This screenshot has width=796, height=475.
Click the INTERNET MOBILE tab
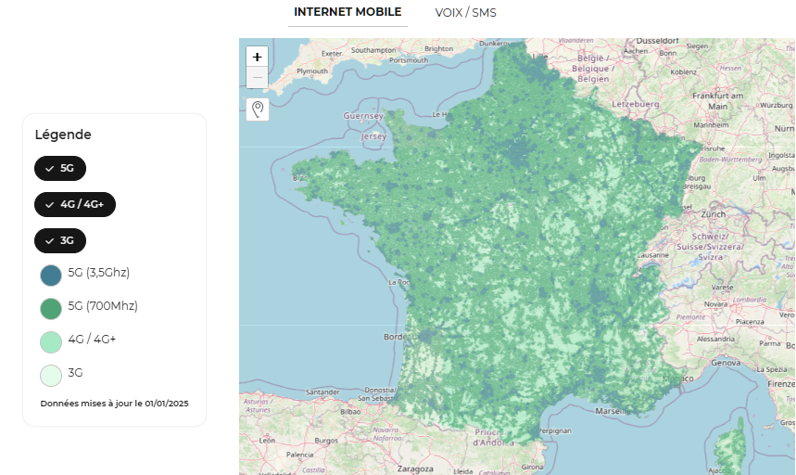347,12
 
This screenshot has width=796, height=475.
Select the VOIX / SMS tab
465,13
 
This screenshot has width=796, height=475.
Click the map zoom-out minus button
257,78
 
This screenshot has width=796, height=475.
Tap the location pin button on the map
257,109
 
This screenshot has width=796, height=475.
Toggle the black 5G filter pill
60,168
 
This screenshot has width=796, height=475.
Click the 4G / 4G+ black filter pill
75,204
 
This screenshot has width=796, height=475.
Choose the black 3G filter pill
60,240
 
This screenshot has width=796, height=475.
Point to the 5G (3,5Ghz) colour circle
51,275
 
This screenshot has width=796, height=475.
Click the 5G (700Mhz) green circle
51,308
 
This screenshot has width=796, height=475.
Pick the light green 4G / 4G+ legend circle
51,341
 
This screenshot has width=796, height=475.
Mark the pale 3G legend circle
51,375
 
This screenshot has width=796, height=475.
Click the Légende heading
63,135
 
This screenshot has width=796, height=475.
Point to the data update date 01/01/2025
167,404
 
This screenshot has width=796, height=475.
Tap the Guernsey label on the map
363,116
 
